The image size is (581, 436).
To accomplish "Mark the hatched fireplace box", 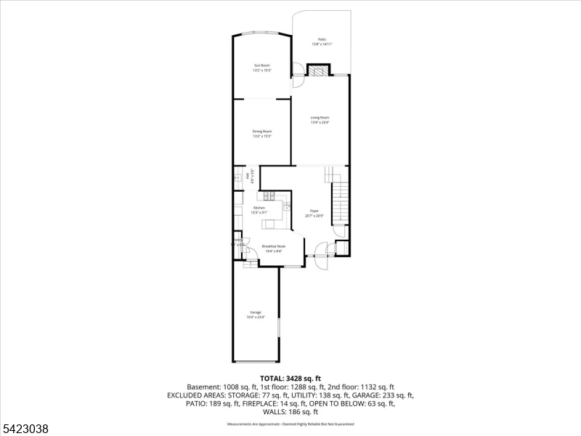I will pos(317,70).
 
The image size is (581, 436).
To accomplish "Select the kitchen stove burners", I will pos(269,195).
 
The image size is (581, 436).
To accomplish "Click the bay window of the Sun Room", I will pos(261,33).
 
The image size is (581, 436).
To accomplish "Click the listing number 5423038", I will pos(25,429).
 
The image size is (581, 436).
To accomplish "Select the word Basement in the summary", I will pos(202,387).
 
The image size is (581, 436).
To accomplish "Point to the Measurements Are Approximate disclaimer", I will pos(290,423).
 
